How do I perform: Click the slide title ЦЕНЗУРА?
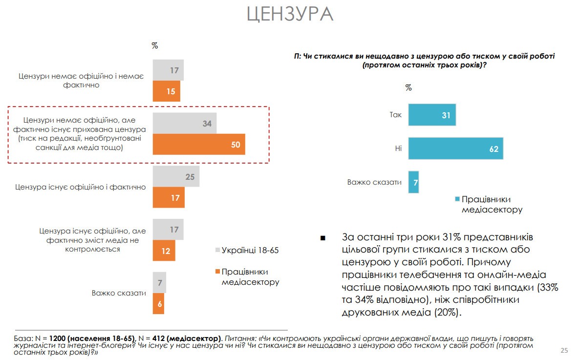(x=290, y=14)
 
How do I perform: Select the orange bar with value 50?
(x=199, y=145)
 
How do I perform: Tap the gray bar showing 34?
(x=184, y=124)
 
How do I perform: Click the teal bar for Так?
(x=432, y=115)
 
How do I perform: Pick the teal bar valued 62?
(x=455, y=148)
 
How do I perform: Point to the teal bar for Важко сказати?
(x=413, y=182)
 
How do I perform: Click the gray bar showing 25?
(x=176, y=177)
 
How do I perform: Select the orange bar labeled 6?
(x=158, y=304)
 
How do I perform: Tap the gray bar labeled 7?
(x=159, y=282)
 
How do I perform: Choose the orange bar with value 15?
(x=166, y=91)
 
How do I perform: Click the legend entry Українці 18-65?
(x=250, y=250)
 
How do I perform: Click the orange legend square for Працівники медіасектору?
(x=217, y=272)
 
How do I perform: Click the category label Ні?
(x=398, y=148)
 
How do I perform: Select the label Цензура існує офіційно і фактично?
(x=80, y=187)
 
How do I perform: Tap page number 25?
(x=564, y=350)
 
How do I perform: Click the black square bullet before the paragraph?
(x=322, y=238)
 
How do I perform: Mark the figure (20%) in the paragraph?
(x=448, y=312)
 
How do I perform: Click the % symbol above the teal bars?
(x=408, y=88)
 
